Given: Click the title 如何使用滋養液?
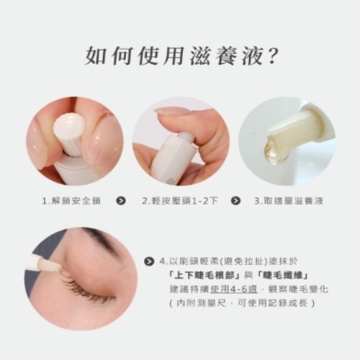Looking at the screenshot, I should pos(181,55).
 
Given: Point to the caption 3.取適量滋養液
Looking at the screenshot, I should pos(288,201).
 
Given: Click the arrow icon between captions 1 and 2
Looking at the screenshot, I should pos(121,201).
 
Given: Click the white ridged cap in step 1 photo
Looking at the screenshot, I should pos(69,130).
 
